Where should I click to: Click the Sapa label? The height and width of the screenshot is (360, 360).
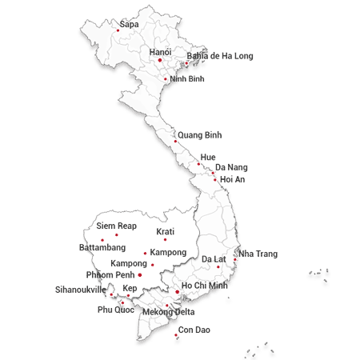click(x=128, y=24)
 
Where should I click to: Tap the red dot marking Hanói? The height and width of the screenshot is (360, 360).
click(x=160, y=60)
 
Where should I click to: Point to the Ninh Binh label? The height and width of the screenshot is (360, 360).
click(x=187, y=78)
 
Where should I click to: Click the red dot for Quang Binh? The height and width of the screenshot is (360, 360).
click(x=175, y=142)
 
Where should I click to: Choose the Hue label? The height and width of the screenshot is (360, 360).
click(x=208, y=157)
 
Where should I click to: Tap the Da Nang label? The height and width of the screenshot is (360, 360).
click(x=231, y=167)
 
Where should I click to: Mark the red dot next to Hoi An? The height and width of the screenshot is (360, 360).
click(x=214, y=179)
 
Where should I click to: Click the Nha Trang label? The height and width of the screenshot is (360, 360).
click(x=258, y=254)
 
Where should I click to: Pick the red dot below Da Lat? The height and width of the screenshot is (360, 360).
click(x=218, y=267)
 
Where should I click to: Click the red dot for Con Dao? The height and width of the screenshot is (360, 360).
click(x=176, y=336)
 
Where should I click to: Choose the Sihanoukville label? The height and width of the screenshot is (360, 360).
click(x=80, y=290)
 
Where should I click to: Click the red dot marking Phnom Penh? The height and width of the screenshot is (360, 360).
click(x=140, y=275)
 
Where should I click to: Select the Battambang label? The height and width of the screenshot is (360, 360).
click(x=102, y=248)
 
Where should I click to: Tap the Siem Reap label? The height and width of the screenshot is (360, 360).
click(x=116, y=226)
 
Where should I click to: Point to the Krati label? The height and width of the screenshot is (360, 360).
click(x=166, y=231)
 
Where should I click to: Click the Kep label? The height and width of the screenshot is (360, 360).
click(x=130, y=288)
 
